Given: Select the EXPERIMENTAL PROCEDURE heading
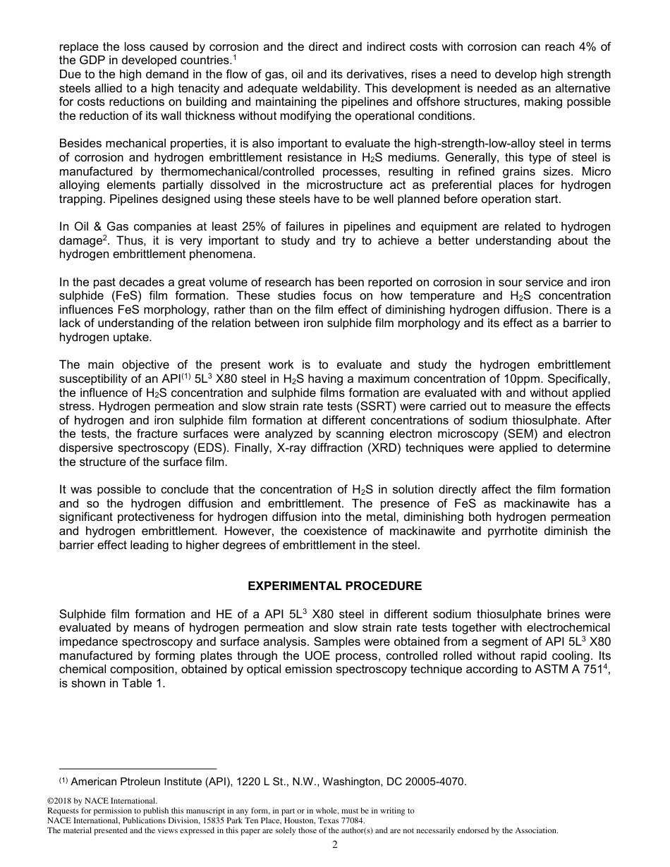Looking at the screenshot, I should tap(335, 586).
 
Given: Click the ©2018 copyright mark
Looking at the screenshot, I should tap(61, 801).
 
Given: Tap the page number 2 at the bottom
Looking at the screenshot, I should tap(335, 845).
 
